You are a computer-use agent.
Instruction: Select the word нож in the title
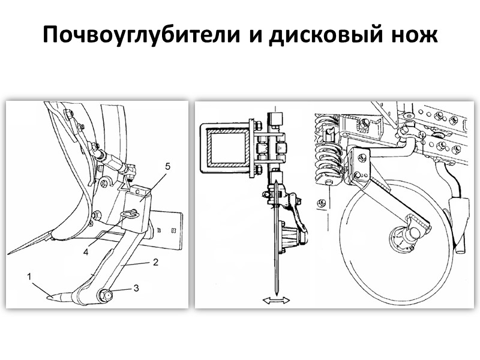pyautogui.click(x=417, y=36)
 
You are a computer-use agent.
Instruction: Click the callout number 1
pyautogui.click(x=28, y=277)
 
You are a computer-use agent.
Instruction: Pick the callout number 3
pyautogui.click(x=136, y=288)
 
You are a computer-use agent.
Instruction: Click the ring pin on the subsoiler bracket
pyautogui.click(x=129, y=214)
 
